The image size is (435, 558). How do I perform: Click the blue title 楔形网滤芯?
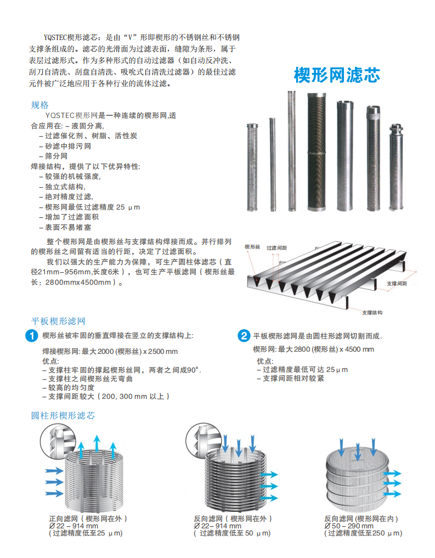[x=337, y=75]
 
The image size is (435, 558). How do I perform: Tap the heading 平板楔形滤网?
[x=59, y=321]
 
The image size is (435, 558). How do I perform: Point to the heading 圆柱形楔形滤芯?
[x=63, y=415]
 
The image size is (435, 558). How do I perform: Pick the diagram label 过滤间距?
[x=277, y=248]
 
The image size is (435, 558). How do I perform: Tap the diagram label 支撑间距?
[x=397, y=284]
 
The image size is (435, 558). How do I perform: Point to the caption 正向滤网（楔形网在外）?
[x=88, y=518]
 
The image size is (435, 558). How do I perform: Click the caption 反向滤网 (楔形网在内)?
[x=361, y=518]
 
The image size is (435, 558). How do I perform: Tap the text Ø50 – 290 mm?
[x=348, y=526]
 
